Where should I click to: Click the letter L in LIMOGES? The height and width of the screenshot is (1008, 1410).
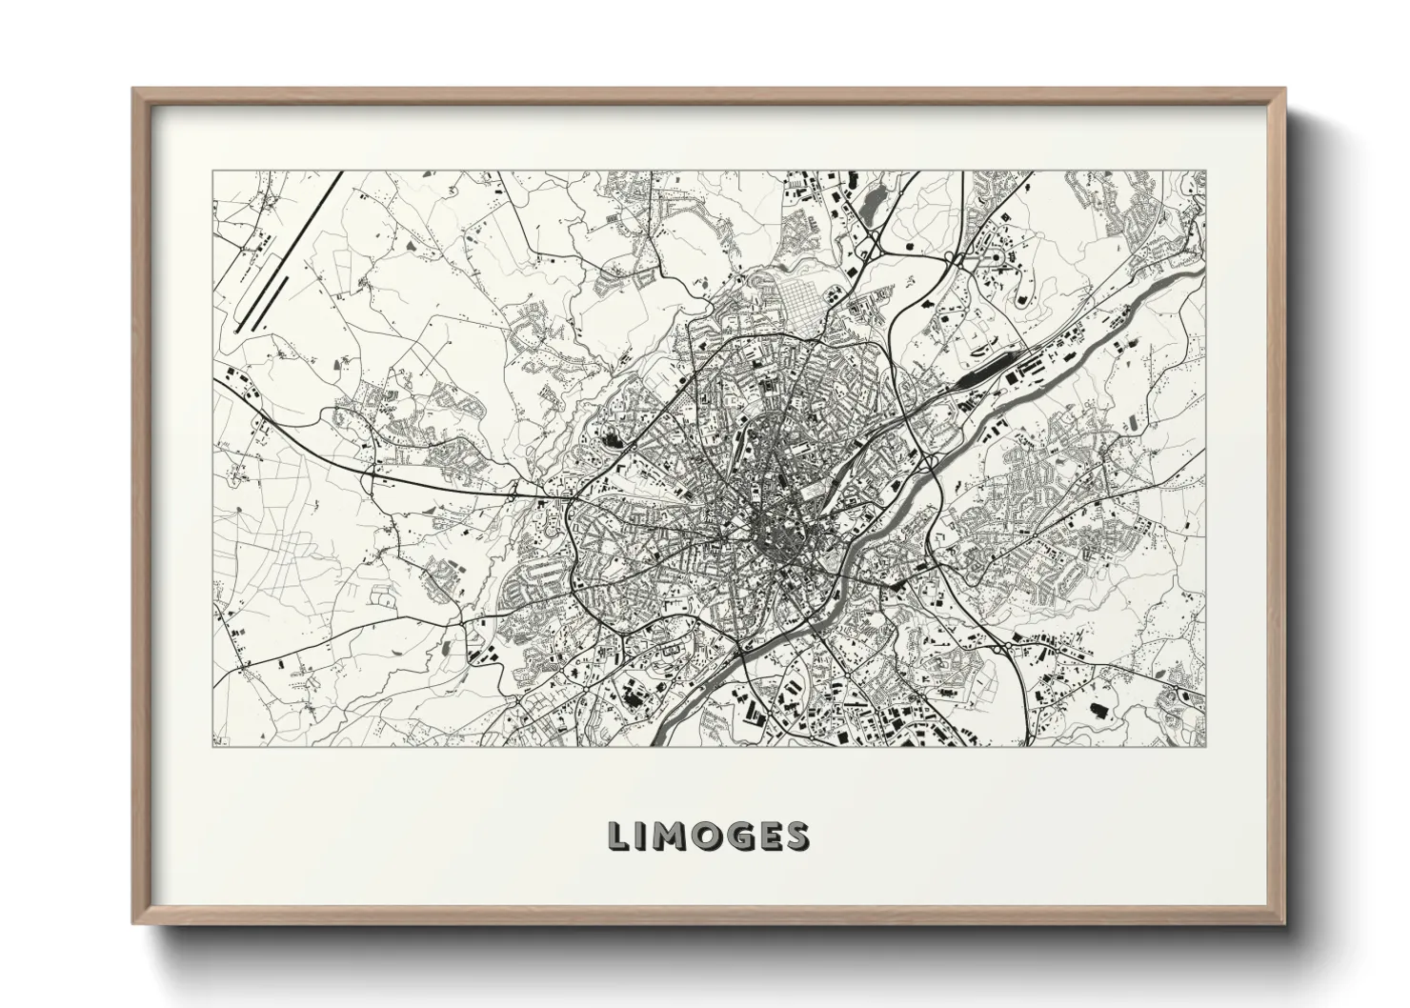point(620,836)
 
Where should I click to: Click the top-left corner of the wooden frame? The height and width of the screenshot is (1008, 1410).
point(134,90)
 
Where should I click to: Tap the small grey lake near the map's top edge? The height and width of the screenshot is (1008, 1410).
point(870,201)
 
